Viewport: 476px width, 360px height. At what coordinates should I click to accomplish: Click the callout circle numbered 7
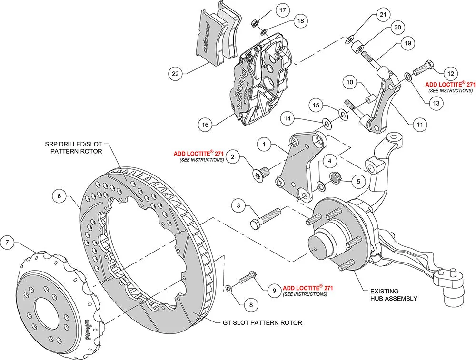tap(7, 243)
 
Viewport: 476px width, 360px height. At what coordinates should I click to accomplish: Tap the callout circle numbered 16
tap(205, 125)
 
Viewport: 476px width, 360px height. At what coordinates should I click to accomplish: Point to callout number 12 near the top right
tap(450, 74)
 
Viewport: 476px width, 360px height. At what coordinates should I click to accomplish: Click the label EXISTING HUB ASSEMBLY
tap(394, 295)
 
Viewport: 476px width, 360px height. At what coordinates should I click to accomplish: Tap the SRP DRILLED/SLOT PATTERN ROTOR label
tap(74, 147)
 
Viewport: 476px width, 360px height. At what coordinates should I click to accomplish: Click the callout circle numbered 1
tap(266, 143)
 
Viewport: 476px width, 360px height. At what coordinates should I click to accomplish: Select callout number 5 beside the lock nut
tap(359, 181)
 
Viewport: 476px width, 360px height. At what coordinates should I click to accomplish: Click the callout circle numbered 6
tap(59, 195)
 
